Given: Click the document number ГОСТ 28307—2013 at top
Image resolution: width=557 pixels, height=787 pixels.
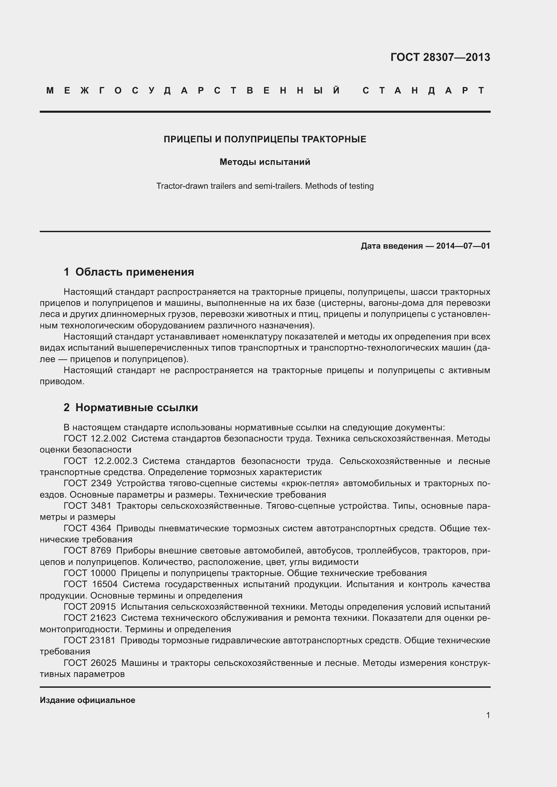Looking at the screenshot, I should coord(440,57).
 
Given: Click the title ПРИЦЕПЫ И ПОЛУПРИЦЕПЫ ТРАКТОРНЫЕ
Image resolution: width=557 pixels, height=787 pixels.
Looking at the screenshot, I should coord(265,139).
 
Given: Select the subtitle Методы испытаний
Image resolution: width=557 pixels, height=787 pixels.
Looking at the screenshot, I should coord(265,162).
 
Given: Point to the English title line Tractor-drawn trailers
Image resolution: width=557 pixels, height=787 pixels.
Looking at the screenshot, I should coord(265,186).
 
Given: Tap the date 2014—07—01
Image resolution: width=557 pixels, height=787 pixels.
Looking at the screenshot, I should coord(463,246).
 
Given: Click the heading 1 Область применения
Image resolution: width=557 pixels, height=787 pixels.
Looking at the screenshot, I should coord(129,272).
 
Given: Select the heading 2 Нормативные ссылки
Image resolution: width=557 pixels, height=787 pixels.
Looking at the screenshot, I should coord(131,407).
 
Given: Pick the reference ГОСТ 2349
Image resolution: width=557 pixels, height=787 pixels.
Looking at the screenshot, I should coord(88,483).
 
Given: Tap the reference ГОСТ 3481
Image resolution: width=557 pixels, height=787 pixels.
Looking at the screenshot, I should coord(88,506).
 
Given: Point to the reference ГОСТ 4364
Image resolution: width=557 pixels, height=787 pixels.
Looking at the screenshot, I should coord(88,528).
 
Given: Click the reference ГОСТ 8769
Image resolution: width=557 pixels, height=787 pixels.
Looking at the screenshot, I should coord(88,550).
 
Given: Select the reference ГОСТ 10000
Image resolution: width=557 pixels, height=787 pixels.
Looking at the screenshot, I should coord(90,573).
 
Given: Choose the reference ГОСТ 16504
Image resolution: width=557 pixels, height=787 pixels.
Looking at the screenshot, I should coord(91,584).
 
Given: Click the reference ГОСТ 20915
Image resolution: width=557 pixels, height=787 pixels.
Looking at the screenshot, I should coord(90,607).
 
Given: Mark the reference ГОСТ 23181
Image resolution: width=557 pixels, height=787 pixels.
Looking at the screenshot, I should coord(90,640).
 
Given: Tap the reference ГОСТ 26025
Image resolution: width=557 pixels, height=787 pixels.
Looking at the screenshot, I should coord(90,663).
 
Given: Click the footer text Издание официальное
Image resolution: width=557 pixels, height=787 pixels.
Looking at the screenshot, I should coord(88,700).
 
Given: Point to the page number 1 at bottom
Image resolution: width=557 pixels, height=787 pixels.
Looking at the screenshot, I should coord(488,715).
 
